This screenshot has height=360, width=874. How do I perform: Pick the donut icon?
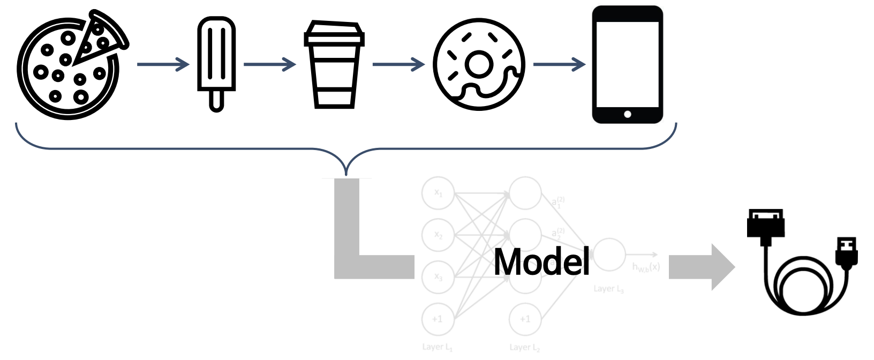click(x=478, y=65)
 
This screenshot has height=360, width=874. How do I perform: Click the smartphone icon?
click(x=627, y=64)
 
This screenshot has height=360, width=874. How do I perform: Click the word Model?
click(x=541, y=262)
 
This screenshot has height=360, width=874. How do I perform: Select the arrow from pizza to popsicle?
click(x=163, y=65)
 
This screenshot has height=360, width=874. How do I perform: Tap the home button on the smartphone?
click(x=627, y=114)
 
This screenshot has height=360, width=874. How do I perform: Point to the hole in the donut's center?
click(x=478, y=64)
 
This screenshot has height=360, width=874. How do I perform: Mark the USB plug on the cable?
click(x=846, y=252)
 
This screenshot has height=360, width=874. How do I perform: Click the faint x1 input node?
click(x=438, y=193)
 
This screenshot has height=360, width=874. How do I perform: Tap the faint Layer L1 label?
click(x=437, y=347)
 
